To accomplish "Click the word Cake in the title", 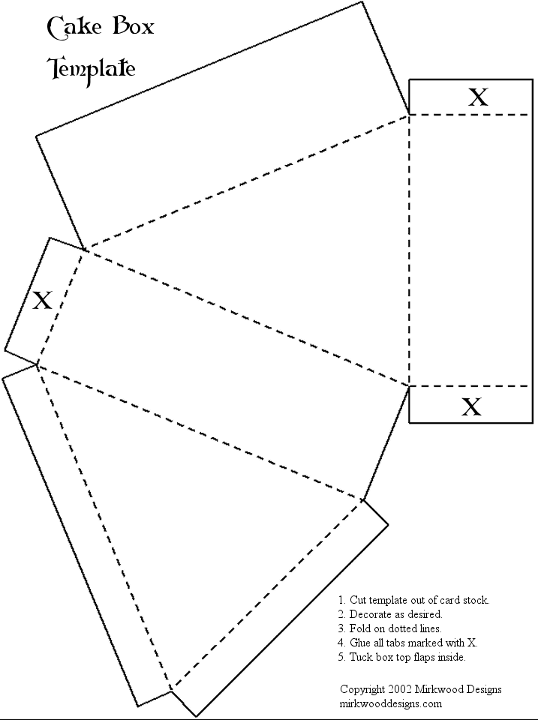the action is [x=74, y=28].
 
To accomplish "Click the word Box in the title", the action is [x=134, y=26].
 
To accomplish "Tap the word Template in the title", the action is [x=92, y=69].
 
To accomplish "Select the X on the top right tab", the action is [x=478, y=97].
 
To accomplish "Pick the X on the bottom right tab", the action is [x=471, y=406].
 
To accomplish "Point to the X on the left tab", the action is [x=42, y=300].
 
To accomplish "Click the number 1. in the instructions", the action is [x=341, y=600].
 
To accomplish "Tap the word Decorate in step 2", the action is [x=368, y=614].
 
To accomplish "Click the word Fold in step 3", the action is [x=359, y=628].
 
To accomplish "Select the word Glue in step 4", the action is [x=359, y=643].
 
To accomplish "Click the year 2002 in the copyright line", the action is [x=400, y=689].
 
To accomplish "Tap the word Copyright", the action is [x=362, y=690].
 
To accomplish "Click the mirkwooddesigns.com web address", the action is [x=390, y=704].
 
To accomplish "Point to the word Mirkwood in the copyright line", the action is [x=439, y=689].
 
